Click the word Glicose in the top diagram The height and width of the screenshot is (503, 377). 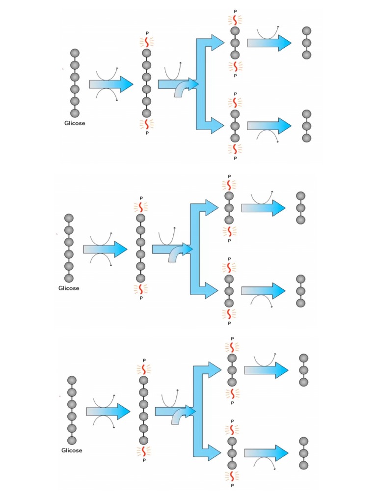[x=75, y=123]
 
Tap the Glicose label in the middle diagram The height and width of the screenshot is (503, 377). [x=69, y=288]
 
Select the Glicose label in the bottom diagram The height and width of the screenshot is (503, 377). [x=72, y=450]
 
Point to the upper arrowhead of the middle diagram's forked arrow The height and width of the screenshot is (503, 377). [x=211, y=208]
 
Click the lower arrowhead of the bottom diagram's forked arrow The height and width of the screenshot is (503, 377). [x=214, y=452]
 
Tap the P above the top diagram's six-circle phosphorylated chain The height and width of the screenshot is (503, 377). [x=146, y=33]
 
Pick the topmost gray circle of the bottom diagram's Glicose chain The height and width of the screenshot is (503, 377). [x=72, y=380]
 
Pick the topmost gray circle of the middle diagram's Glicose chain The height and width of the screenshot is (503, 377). [x=69, y=218]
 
